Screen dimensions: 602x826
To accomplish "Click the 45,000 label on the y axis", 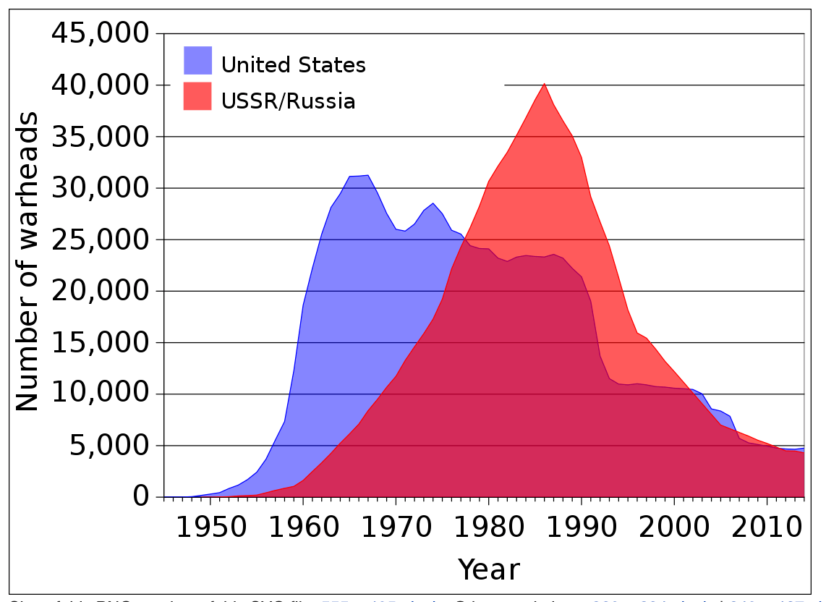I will (x=101, y=33).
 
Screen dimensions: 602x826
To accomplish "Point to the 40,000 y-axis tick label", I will (x=101, y=85).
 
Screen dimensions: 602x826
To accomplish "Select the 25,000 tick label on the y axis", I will (x=101, y=239).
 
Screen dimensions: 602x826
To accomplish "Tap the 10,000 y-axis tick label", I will (x=101, y=394).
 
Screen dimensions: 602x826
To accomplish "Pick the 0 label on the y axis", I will (x=141, y=497).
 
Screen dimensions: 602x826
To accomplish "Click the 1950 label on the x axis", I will (x=210, y=528).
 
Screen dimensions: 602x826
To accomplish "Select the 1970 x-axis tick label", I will (x=396, y=528).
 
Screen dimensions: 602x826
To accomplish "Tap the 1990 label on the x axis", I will (x=582, y=528).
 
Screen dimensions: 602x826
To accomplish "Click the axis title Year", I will (x=489, y=569).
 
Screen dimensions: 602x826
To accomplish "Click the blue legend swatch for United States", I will (x=197, y=61).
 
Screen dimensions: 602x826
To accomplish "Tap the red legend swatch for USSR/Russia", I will (x=197, y=96).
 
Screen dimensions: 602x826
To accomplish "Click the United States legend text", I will (x=294, y=65).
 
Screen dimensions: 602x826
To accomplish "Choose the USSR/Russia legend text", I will (x=288, y=101).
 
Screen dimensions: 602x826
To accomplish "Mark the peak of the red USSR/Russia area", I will (x=545, y=85).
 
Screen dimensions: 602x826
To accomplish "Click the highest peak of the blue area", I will (x=368, y=176).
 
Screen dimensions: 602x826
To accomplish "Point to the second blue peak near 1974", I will (x=433, y=203).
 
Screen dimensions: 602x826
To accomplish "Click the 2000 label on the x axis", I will (x=674, y=528).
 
